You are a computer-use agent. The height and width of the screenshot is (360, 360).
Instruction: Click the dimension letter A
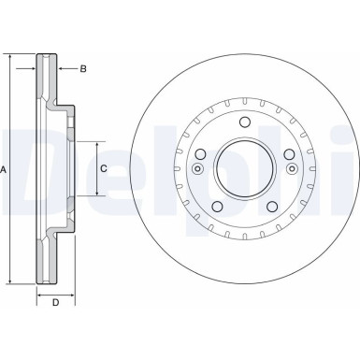point(5,169)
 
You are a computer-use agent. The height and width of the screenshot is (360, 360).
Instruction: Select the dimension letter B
point(82,68)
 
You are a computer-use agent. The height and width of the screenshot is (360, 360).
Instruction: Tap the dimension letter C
point(104,168)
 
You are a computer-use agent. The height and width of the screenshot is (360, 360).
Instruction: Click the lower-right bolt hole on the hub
point(270,208)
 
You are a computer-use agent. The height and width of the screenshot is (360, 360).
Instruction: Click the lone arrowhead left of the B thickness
point(31,68)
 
